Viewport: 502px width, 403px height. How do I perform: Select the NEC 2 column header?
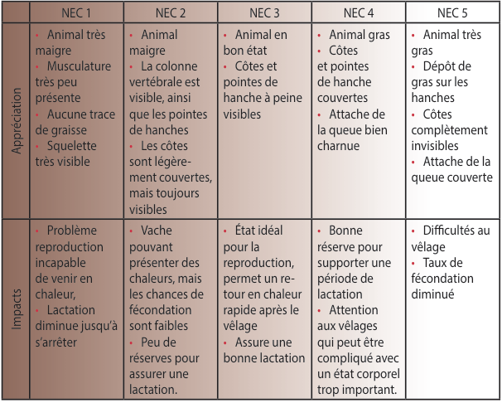coord(171,13)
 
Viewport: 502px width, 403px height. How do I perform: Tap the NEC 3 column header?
coord(266,13)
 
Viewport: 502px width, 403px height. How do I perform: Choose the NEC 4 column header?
coord(360,13)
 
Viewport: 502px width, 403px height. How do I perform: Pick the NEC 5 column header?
coord(453,13)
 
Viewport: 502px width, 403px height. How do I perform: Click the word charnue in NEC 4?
coord(339,145)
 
